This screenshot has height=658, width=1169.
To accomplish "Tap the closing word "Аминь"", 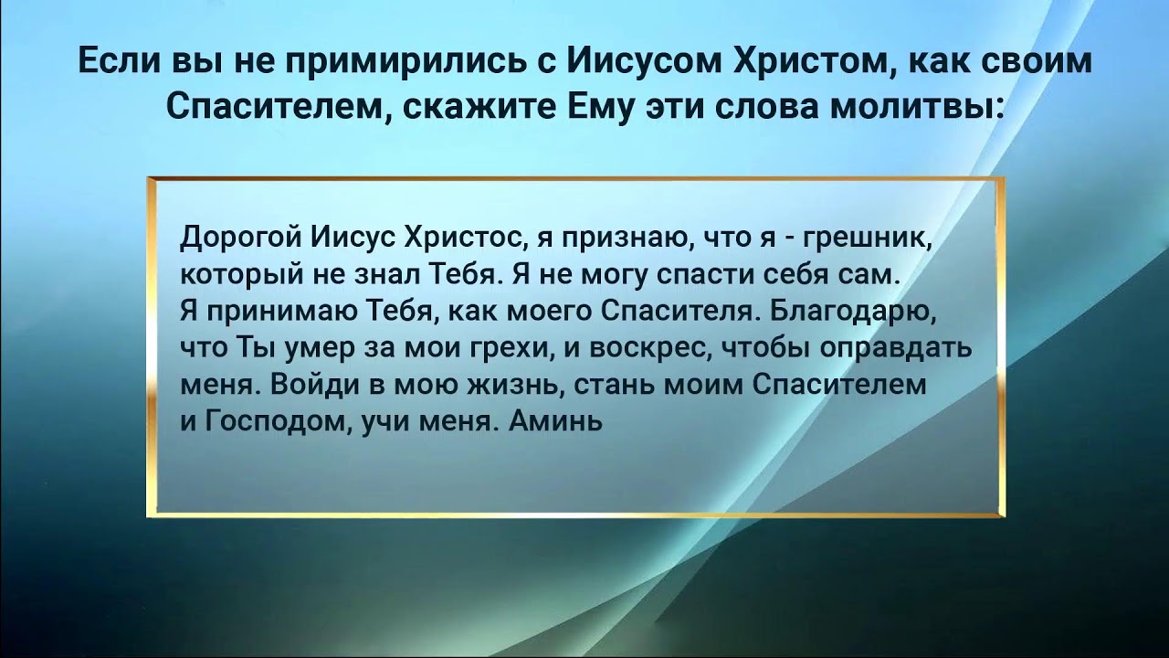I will click(x=555, y=422).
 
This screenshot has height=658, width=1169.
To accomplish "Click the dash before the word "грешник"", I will click(x=787, y=239).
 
